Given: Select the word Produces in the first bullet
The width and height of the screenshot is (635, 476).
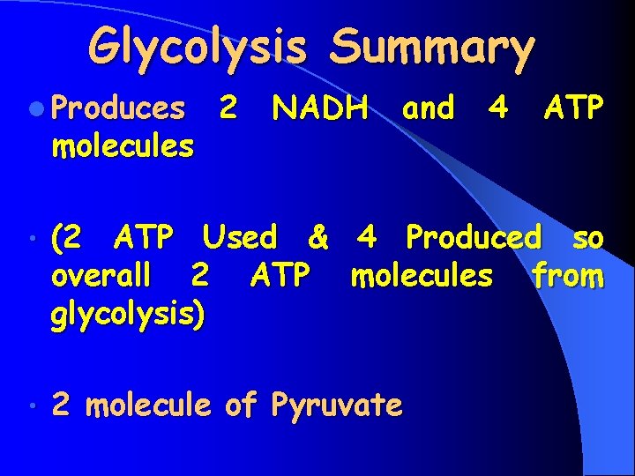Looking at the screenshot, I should click(118, 108).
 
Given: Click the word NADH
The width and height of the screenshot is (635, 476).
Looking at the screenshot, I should click(321, 108).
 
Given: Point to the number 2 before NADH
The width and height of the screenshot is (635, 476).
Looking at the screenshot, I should click(228, 108).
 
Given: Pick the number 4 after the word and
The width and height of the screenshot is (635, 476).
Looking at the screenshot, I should click(498, 108).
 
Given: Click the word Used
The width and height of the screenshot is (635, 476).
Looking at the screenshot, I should click(240, 237).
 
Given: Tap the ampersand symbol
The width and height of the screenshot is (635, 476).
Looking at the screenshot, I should click(318, 237).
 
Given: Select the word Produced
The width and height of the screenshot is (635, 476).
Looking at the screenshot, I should click(474, 237).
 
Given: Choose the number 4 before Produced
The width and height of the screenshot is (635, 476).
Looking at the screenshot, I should click(367, 237).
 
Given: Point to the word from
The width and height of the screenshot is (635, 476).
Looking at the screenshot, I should click(568, 276).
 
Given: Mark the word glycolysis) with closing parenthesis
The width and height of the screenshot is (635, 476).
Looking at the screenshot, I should click(129, 316).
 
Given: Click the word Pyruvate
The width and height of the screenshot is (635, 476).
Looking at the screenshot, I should click(337, 405).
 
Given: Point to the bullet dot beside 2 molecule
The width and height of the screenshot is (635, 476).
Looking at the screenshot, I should click(32, 407).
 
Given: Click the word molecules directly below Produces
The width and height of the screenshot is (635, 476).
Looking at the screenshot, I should click(123, 146).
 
